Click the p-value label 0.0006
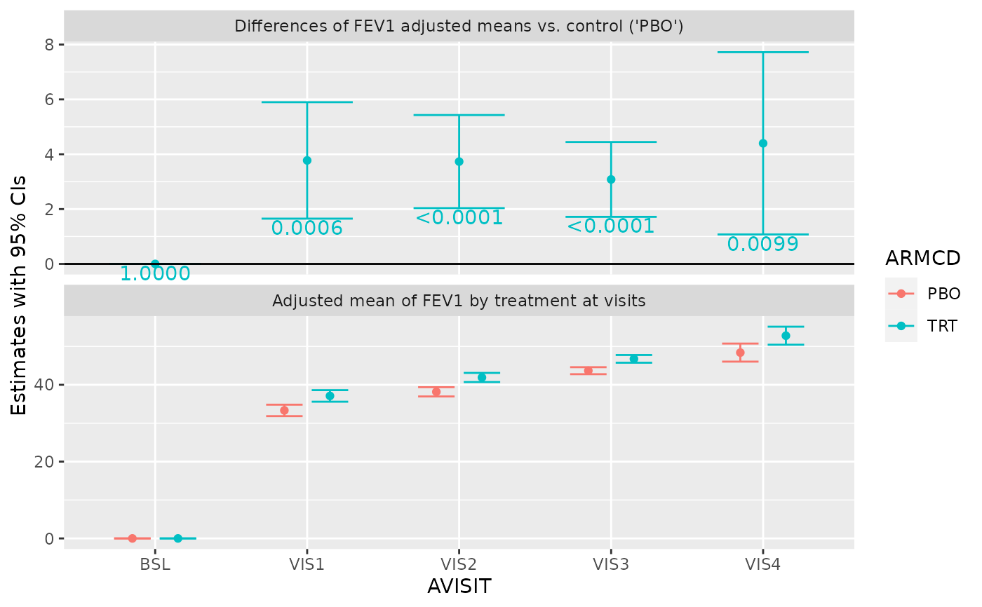pyautogui.click(x=307, y=229)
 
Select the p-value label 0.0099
pyautogui.click(x=762, y=245)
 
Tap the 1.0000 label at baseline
pyautogui.click(x=155, y=274)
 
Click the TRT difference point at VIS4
pyautogui.click(x=762, y=143)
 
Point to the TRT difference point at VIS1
pyautogui.click(x=307, y=161)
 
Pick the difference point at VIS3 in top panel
pyautogui.click(x=611, y=179)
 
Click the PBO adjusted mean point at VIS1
pyautogui.click(x=284, y=410)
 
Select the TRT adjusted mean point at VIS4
pyautogui.click(x=786, y=336)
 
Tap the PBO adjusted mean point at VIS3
pyautogui.click(x=588, y=370)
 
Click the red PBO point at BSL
pyautogui.click(x=132, y=538)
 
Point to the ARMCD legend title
pyautogui.click(x=922, y=259)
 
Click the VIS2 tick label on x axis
pyautogui.click(x=459, y=564)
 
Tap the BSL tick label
pyautogui.click(x=155, y=564)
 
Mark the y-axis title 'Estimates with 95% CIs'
pyautogui.click(x=20, y=295)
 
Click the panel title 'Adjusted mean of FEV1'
pyautogui.click(x=459, y=301)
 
